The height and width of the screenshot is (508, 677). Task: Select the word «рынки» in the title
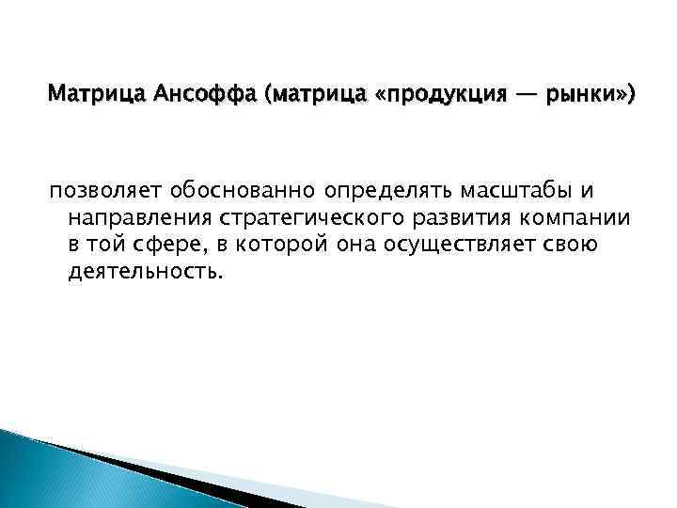583,95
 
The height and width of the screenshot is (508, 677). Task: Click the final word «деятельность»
146,272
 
